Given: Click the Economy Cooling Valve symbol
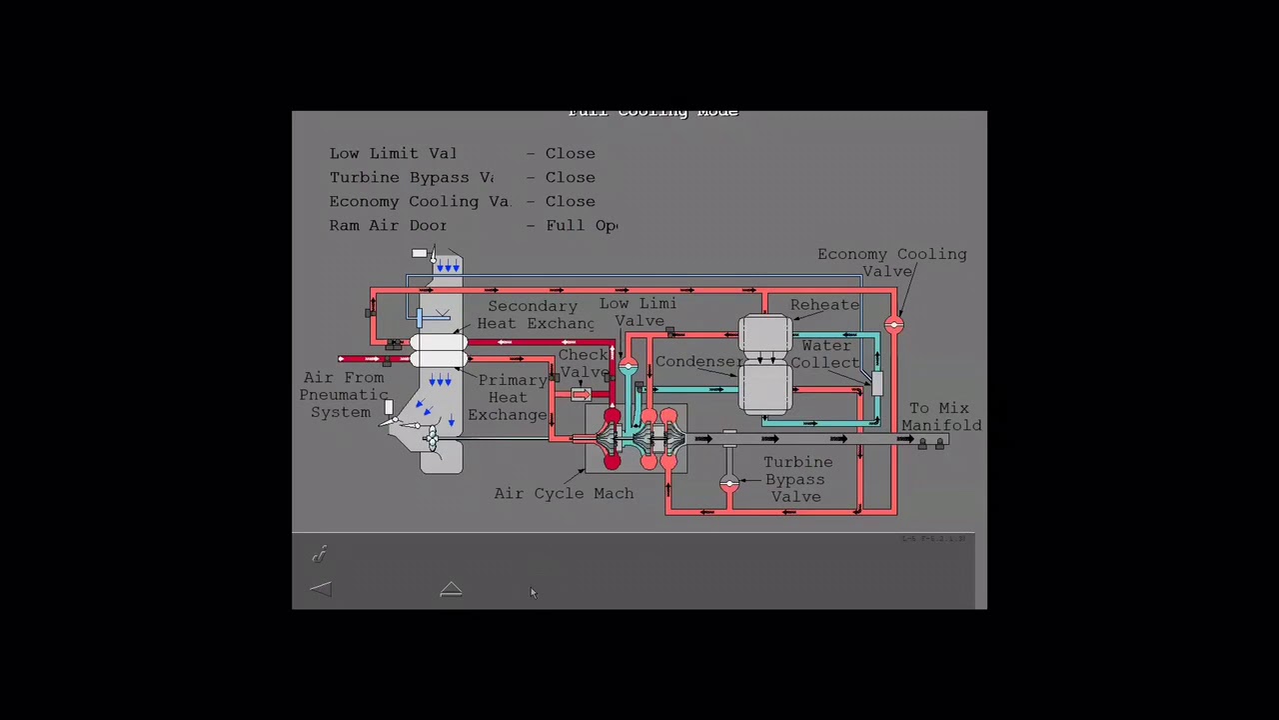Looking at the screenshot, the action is click(x=893, y=325).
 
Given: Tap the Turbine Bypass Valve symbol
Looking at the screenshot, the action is click(x=729, y=484).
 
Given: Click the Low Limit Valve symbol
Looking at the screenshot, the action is click(x=628, y=367).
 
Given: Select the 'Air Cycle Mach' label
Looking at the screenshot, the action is click(x=564, y=493).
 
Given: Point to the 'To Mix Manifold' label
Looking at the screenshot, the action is click(x=940, y=416).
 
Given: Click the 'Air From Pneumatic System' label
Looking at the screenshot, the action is click(x=343, y=394).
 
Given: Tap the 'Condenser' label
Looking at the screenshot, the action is click(x=698, y=361).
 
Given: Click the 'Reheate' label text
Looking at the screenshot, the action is click(x=824, y=305).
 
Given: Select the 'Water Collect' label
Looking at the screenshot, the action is click(x=825, y=354).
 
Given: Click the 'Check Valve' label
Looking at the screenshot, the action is click(x=584, y=363).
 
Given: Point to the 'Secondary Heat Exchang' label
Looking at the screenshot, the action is click(x=535, y=314).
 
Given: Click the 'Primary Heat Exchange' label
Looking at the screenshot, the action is click(x=511, y=397).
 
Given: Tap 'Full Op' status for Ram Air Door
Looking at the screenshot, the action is click(x=582, y=225).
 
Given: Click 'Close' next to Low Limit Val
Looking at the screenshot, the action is click(x=570, y=153).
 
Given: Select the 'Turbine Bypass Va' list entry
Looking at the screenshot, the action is click(x=412, y=177).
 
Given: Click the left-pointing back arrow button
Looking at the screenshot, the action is click(x=321, y=590).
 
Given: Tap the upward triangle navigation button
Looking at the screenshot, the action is click(x=451, y=590).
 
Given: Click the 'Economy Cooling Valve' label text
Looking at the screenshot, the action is click(x=891, y=262).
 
